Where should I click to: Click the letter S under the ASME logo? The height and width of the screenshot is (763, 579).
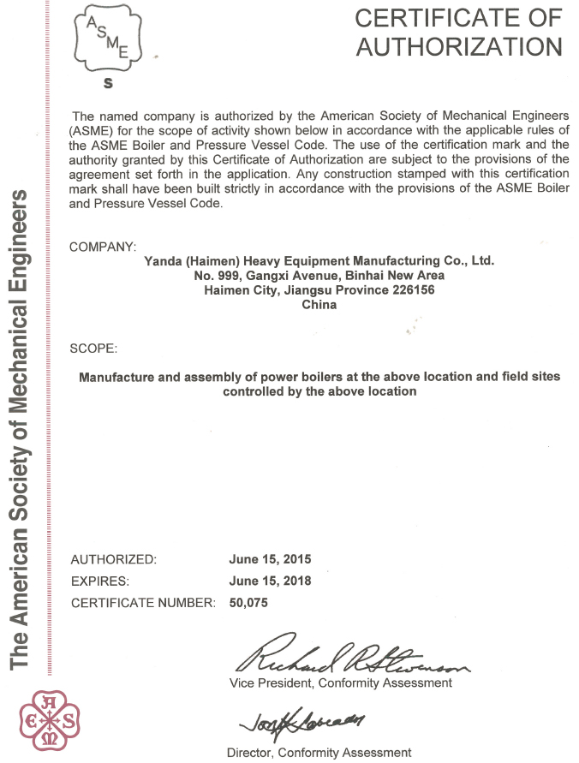(x=107, y=84)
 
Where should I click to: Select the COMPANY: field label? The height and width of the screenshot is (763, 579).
(x=103, y=247)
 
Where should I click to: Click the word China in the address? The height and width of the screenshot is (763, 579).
(x=319, y=304)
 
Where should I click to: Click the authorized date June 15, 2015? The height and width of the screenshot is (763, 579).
(x=270, y=559)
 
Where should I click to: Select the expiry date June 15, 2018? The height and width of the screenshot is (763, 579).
(x=270, y=581)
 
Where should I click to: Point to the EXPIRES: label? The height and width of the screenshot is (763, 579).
(x=100, y=581)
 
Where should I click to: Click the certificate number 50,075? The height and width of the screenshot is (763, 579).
(x=249, y=602)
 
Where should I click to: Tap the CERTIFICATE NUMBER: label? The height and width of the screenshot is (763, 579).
(x=143, y=602)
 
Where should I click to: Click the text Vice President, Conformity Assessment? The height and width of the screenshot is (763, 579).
(x=341, y=683)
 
